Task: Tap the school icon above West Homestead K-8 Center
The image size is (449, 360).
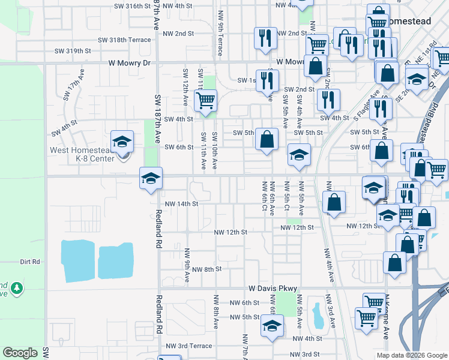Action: click(122, 142)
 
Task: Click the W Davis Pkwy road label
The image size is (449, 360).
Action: click(271, 289)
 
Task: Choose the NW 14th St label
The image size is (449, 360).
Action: click(181, 204)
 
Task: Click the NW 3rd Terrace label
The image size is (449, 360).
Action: click(188, 346)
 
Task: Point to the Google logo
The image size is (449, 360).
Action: click(20, 353)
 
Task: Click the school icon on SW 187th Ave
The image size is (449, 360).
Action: click(151, 178)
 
